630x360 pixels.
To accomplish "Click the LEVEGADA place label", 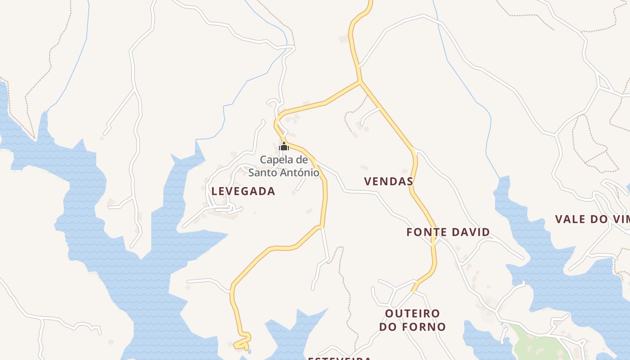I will click(243, 191).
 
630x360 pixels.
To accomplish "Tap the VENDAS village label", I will click(388, 181).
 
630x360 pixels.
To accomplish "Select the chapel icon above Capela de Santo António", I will click(284, 146).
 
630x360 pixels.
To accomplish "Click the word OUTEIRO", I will click(412, 313).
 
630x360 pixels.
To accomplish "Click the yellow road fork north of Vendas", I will click(360, 82).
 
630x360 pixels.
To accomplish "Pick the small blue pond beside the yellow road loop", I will click(249, 351).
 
